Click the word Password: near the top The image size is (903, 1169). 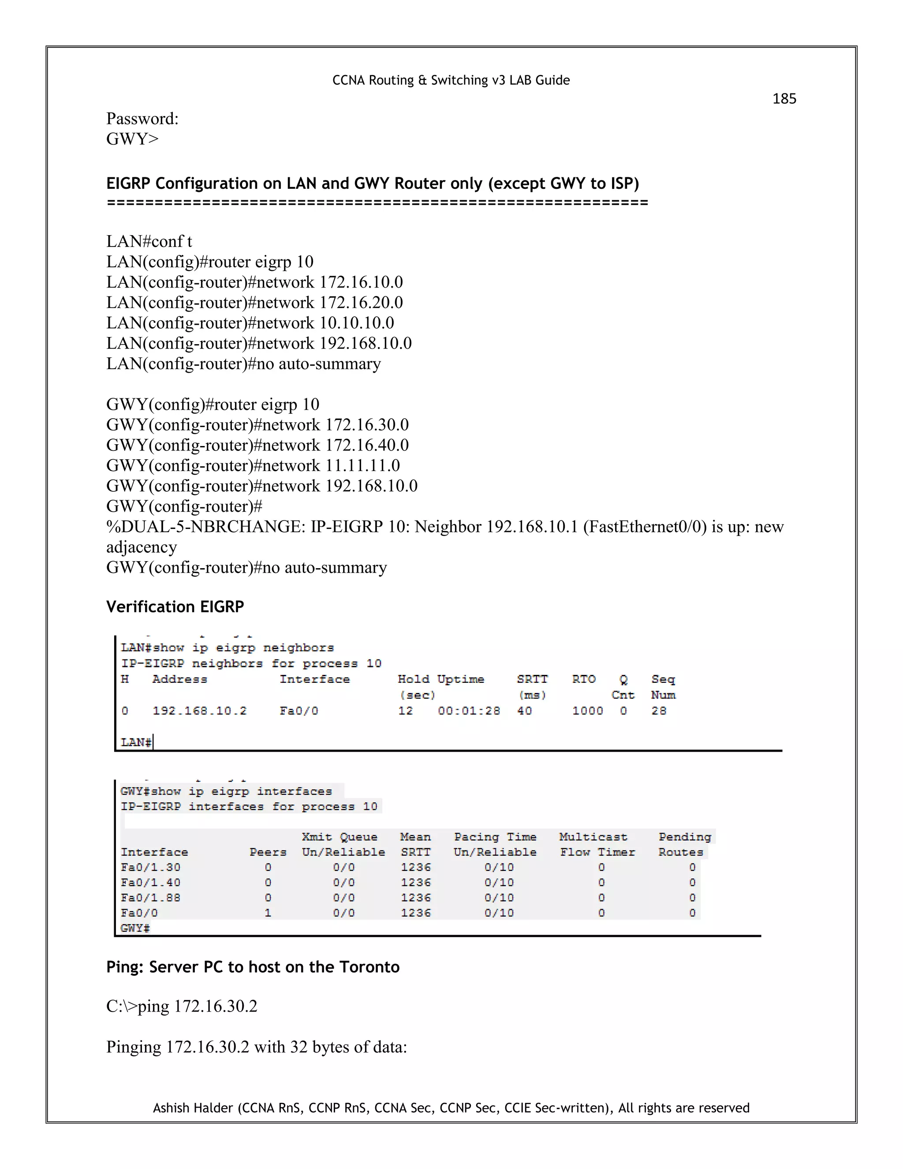142,118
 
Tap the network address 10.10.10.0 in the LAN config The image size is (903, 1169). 357,323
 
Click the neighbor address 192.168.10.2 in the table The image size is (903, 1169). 200,711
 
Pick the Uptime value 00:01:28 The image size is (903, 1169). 469,711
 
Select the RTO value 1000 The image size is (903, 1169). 587,711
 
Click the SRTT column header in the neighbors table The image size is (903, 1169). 532,679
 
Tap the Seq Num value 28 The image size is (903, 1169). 659,711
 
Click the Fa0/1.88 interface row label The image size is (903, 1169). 150,898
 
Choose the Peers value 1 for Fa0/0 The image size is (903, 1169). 268,913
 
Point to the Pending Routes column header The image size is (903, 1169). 684,844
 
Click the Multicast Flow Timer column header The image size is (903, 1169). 597,844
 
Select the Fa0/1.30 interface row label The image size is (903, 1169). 150,867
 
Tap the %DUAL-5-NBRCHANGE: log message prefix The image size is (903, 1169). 205,527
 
